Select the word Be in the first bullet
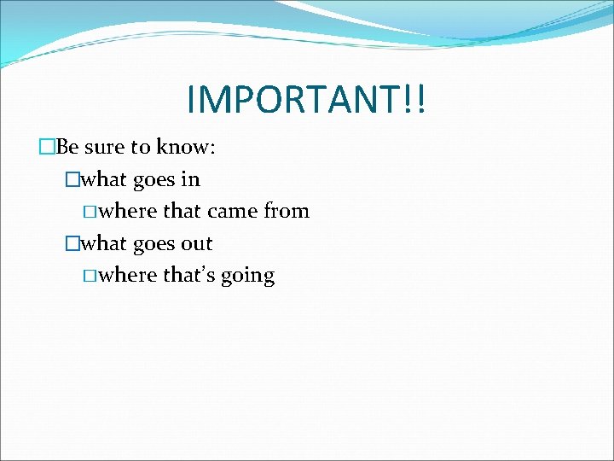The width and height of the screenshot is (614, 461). (x=68, y=147)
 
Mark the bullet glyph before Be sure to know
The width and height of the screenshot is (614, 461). (x=47, y=147)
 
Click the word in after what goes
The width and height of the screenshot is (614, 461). (x=190, y=179)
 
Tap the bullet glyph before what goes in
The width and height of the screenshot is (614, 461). (x=72, y=179)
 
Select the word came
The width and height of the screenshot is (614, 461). (x=231, y=211)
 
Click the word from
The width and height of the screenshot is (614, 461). (x=287, y=211)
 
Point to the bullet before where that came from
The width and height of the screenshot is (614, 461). (x=91, y=211)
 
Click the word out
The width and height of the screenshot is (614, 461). (x=196, y=243)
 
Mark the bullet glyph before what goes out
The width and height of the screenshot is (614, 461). (x=72, y=243)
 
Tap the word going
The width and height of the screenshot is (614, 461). (x=247, y=277)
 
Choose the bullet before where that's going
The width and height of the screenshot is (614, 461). (x=91, y=276)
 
